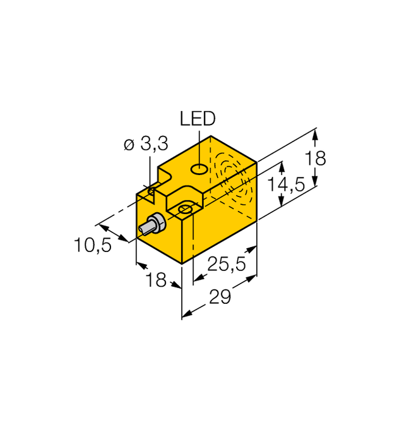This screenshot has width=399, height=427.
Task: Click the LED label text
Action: click(198, 118)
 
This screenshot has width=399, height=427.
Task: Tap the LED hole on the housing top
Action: click(198, 169)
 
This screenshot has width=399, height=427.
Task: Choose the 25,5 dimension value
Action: click(228, 265)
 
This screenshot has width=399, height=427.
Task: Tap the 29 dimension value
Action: click(220, 298)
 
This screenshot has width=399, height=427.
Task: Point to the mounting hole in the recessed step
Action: click(185, 208)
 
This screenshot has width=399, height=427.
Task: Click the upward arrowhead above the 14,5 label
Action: click(281, 165)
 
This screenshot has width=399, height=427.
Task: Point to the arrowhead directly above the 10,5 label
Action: click(100, 225)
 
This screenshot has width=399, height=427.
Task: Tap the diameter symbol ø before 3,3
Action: click(129, 145)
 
